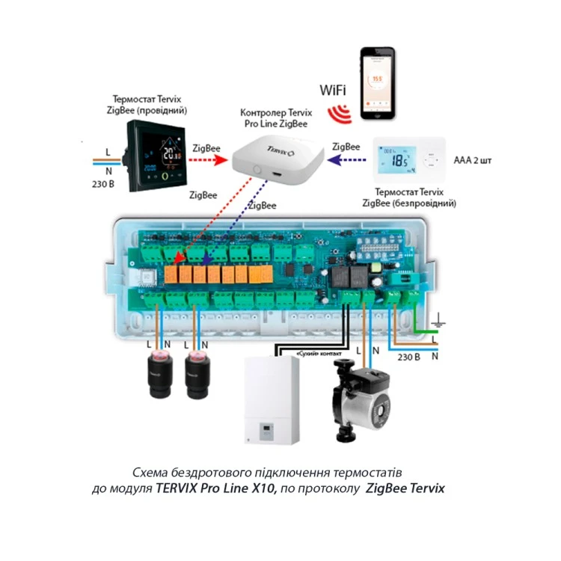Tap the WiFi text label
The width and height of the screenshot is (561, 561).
click(x=333, y=91)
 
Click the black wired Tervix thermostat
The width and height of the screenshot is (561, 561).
click(x=156, y=156)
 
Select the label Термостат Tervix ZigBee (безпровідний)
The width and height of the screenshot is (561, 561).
click(x=408, y=197)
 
